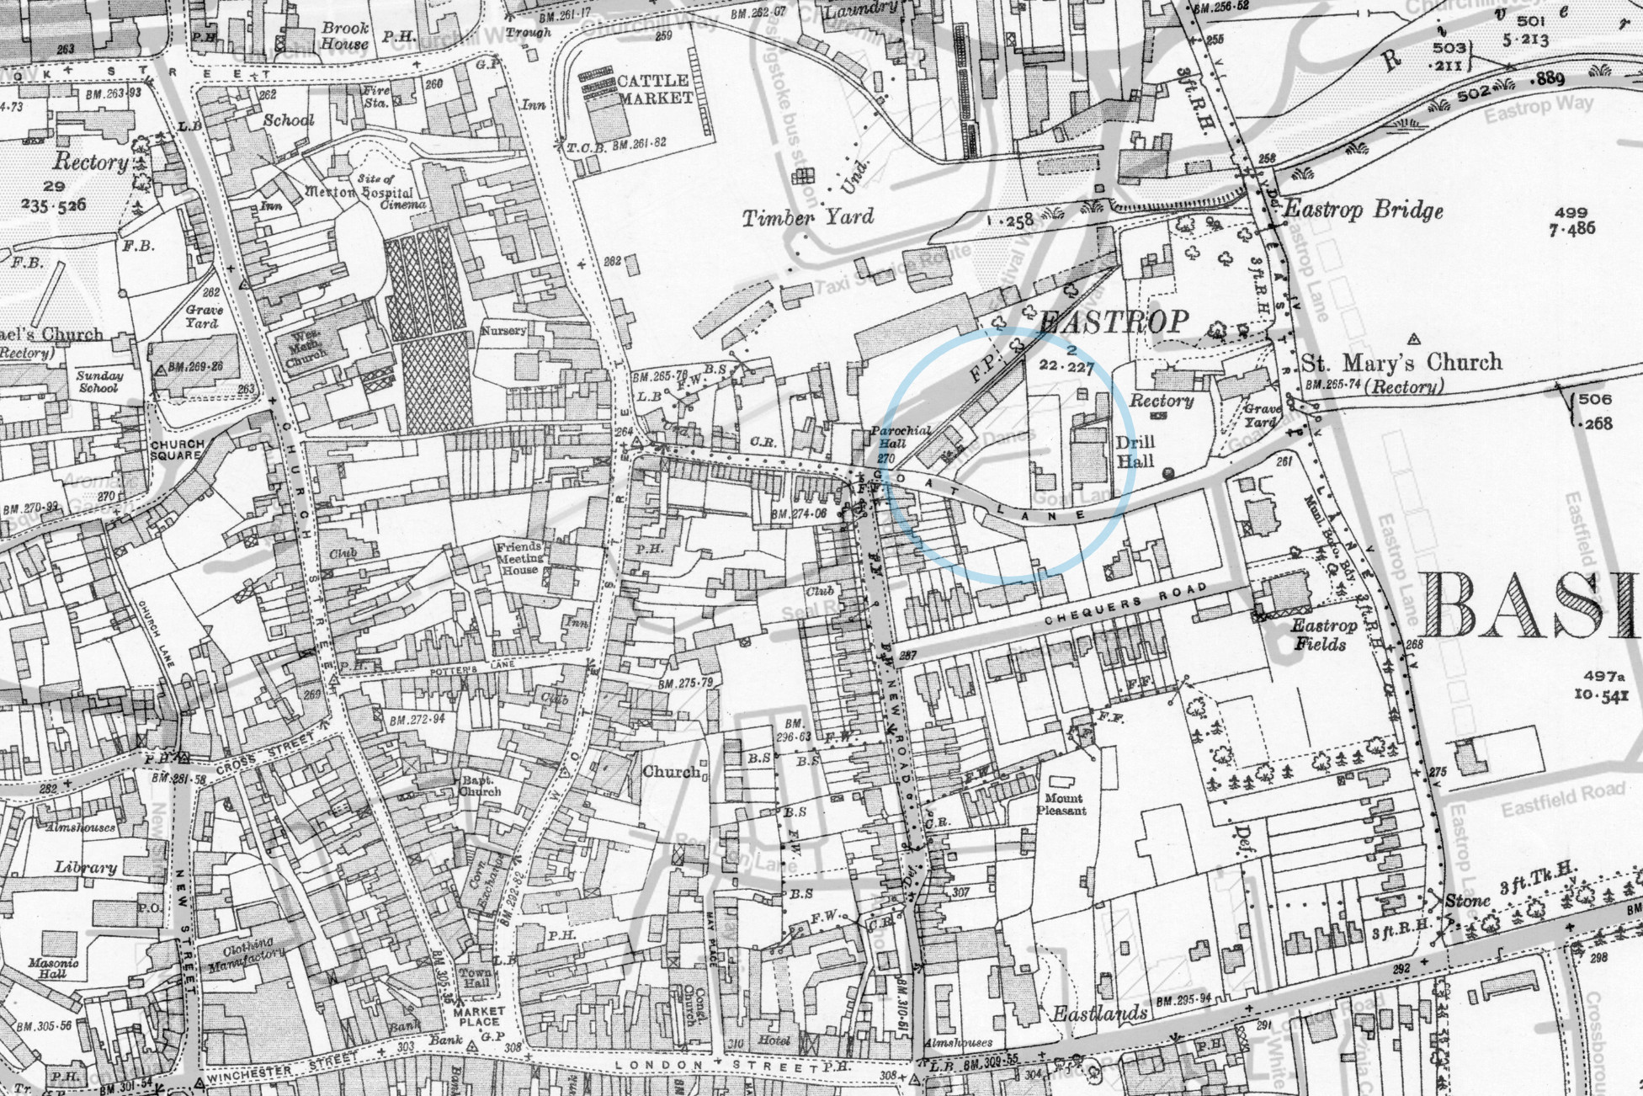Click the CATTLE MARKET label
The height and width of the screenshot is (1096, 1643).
click(x=654, y=89)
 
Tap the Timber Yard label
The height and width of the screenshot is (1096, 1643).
click(x=808, y=218)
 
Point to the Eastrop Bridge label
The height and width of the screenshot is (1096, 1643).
click(x=1363, y=210)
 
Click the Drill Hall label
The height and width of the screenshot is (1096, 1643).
click(x=1135, y=451)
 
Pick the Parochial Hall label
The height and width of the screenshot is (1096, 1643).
click(x=900, y=437)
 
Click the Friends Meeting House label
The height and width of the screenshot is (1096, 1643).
click(x=520, y=557)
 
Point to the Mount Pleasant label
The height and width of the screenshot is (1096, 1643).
click(x=1065, y=804)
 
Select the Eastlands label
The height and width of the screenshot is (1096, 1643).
click(x=1100, y=1014)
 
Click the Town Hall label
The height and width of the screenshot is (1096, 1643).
click(x=476, y=978)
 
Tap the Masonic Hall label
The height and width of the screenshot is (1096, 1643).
click(x=52, y=968)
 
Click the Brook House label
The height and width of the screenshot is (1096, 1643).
click(x=345, y=35)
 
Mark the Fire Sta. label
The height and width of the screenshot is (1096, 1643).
click(x=376, y=97)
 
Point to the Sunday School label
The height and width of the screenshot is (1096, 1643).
click(x=98, y=381)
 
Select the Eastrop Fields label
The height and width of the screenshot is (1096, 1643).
click(x=1324, y=635)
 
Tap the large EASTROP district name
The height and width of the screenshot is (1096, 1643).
click(x=1114, y=321)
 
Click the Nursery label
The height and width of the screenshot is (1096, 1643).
click(x=503, y=331)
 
